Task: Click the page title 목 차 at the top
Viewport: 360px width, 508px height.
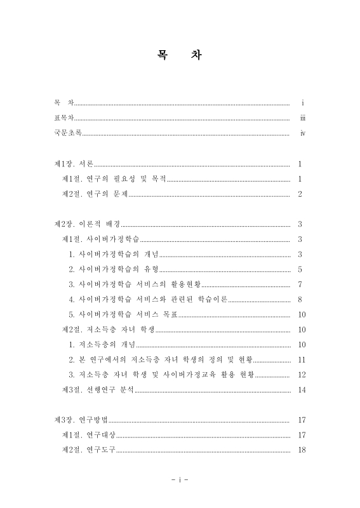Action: [179, 55]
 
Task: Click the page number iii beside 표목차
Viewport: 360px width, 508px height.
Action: [303, 118]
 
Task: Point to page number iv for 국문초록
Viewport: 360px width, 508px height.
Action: [303, 133]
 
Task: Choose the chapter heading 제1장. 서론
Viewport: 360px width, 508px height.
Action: [74, 164]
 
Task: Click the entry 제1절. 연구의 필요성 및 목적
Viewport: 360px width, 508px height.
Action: [114, 180]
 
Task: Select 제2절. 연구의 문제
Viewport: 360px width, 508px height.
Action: [95, 194]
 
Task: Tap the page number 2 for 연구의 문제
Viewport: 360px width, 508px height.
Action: [300, 194]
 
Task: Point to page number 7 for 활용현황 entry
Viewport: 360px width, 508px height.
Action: [300, 284]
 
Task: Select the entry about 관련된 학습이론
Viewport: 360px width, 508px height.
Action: [148, 299]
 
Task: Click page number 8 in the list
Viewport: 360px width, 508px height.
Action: [300, 299]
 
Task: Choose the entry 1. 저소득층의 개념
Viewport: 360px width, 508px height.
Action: [103, 344]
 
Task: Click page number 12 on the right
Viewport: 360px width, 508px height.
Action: [302, 375]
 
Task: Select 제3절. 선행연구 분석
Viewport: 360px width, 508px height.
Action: [98, 389]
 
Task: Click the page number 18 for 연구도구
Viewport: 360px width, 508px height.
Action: [302, 450]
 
